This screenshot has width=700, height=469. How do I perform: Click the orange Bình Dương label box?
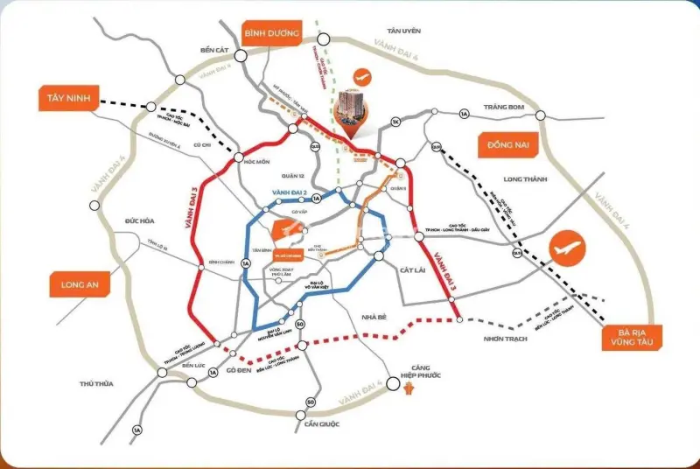[x=272, y=34]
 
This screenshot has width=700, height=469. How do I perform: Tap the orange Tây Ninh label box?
[x=68, y=99]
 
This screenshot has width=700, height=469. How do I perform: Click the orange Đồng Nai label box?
[x=506, y=143]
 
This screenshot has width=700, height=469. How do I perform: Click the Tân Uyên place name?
[x=405, y=31]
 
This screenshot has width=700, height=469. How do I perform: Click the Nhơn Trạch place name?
[x=504, y=339]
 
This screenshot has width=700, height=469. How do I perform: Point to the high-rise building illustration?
[x=353, y=118]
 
